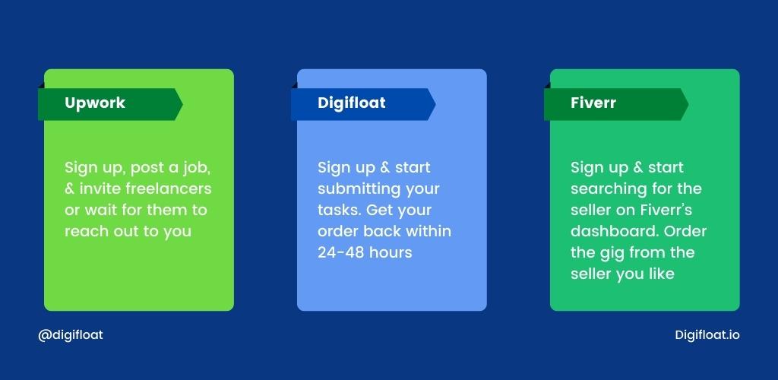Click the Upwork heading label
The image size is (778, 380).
point(95,103)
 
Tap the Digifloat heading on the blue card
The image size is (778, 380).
point(351,103)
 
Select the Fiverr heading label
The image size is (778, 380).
point(593,103)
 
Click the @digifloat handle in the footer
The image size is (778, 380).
point(71,335)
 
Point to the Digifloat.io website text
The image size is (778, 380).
point(707,335)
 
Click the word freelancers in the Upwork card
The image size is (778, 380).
point(168,188)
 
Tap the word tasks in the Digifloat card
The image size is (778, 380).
point(340,210)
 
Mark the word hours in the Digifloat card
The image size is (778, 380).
point(390,252)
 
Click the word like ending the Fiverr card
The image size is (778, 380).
point(661,274)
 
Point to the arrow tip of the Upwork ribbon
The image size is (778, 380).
point(182,104)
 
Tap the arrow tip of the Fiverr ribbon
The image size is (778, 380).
point(688,104)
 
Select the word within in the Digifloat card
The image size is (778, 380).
point(429,231)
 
